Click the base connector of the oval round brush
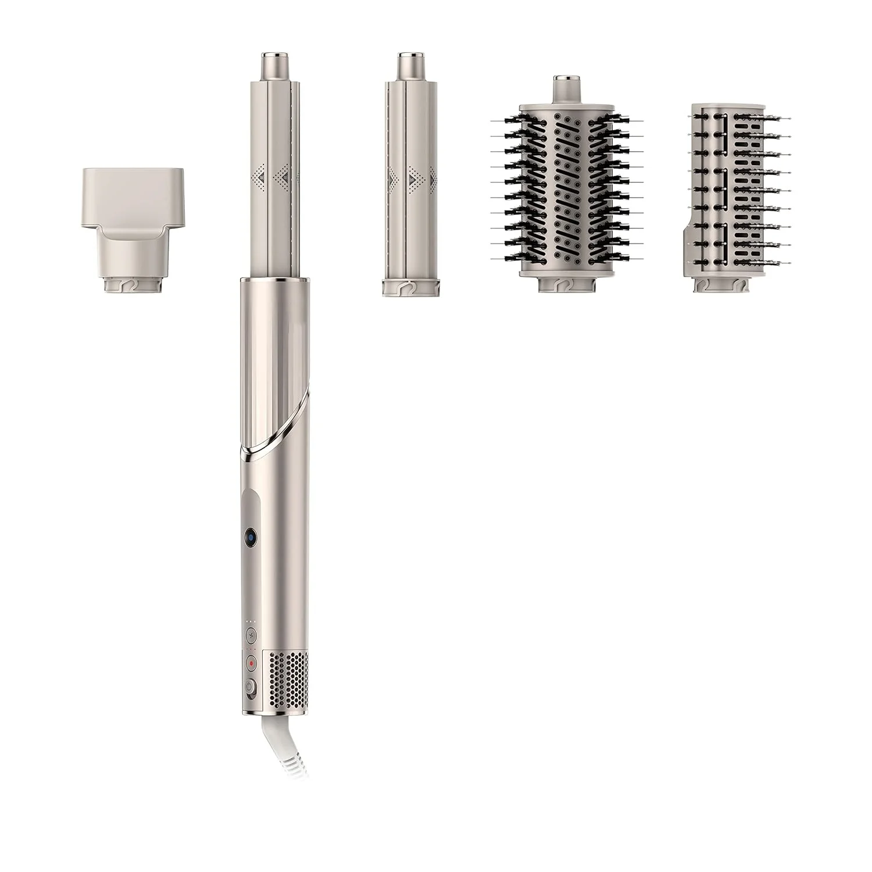567,285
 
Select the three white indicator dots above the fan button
251,621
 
